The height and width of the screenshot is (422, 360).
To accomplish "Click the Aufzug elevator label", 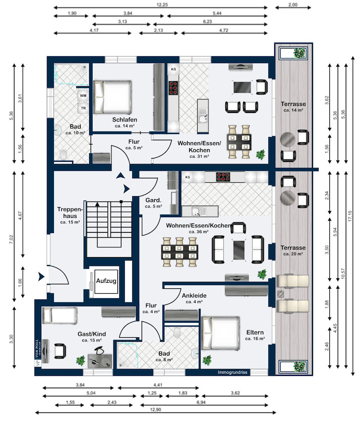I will (x=106, y=281).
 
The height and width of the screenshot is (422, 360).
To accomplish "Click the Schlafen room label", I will (x=124, y=120).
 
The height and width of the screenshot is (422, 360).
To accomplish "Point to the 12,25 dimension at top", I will (x=160, y=4).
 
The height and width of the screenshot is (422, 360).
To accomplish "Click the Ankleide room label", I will (x=194, y=295).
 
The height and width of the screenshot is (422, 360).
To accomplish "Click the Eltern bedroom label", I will (x=255, y=332).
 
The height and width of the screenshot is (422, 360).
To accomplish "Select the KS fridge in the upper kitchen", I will (x=173, y=69).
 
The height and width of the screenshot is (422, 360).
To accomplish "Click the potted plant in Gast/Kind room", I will (x=80, y=361).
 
